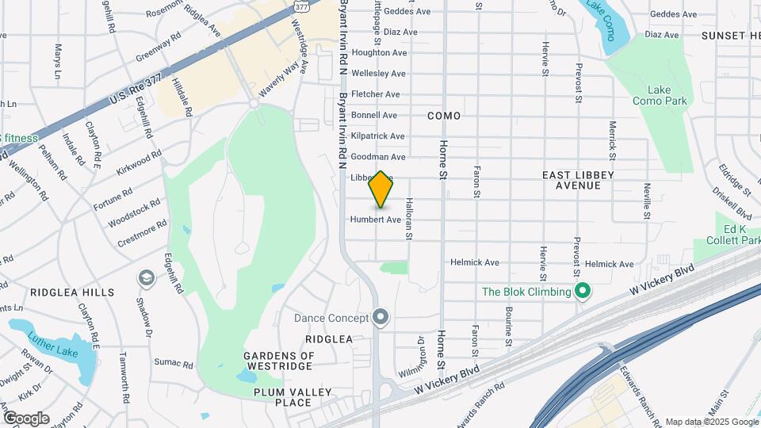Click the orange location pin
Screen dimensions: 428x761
(x=380, y=189)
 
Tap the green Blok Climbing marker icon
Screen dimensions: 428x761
(x=583, y=292)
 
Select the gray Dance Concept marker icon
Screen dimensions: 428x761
(x=380, y=318)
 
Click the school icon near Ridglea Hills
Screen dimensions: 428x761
(x=146, y=277)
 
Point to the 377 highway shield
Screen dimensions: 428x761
(x=300, y=6)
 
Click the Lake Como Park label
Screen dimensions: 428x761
(x=660, y=95)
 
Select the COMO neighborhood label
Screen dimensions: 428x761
(x=443, y=116)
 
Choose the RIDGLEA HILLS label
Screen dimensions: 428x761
(x=73, y=292)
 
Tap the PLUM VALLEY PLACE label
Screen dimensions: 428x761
(x=281, y=397)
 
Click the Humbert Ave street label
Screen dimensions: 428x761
(x=376, y=220)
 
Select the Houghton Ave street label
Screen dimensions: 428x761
(x=379, y=52)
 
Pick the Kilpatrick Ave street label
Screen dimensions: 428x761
(x=377, y=136)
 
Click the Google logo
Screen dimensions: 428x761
(x=26, y=418)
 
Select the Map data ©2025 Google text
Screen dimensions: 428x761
(x=711, y=422)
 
